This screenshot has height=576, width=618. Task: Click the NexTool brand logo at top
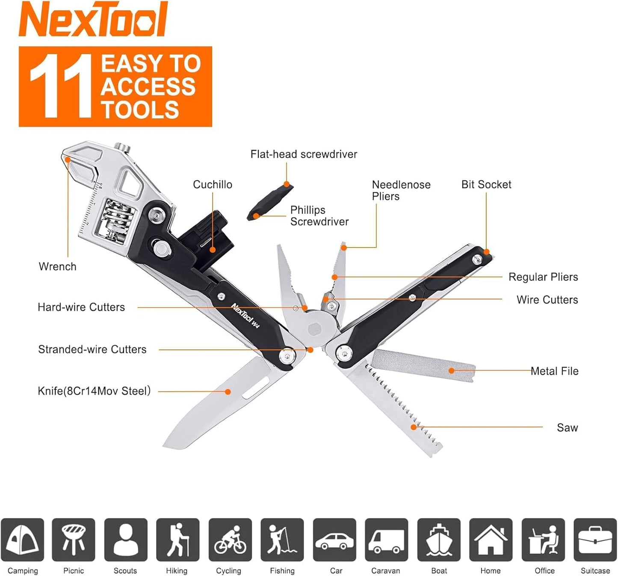pyautogui.click(x=93, y=19)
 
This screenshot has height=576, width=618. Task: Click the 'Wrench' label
pyautogui.click(x=57, y=266)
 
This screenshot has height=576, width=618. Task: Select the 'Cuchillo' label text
pyautogui.click(x=212, y=185)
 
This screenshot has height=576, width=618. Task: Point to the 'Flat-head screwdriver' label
pyautogui.click(x=304, y=154)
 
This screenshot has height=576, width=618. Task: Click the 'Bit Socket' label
pyautogui.click(x=486, y=185)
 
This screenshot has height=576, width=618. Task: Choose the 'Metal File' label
pyautogui.click(x=554, y=371)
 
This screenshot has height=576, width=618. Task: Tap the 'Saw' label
pyautogui.click(x=567, y=427)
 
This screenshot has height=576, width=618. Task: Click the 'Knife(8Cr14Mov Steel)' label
pyautogui.click(x=94, y=391)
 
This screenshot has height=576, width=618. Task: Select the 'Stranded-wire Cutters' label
pyautogui.click(x=92, y=349)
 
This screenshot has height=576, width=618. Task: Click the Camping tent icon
pyautogui.click(x=22, y=540)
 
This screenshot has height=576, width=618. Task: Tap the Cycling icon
pyautogui.click(x=230, y=540)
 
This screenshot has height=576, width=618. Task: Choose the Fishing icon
pyautogui.click(x=282, y=540)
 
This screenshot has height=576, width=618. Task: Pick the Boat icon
pyautogui.click(x=439, y=540)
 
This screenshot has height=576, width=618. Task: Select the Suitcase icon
pyautogui.click(x=595, y=540)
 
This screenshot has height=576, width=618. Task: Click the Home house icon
pyautogui.click(x=491, y=540)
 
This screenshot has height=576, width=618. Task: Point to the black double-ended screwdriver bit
pyautogui.click(x=270, y=201)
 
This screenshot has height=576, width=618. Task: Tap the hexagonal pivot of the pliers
pyautogui.click(x=315, y=329)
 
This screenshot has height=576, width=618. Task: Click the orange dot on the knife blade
pyautogui.click(x=228, y=391)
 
